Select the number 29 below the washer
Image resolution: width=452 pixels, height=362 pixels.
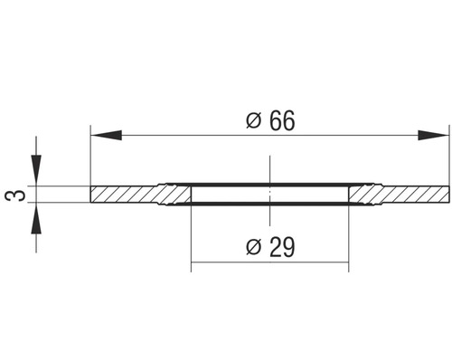[x=280, y=246]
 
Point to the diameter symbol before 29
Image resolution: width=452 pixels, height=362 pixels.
[x=254, y=246]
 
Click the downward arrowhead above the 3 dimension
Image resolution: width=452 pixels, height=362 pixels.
[x=36, y=172]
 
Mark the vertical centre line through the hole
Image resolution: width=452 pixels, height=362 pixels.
[x=269, y=172]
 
